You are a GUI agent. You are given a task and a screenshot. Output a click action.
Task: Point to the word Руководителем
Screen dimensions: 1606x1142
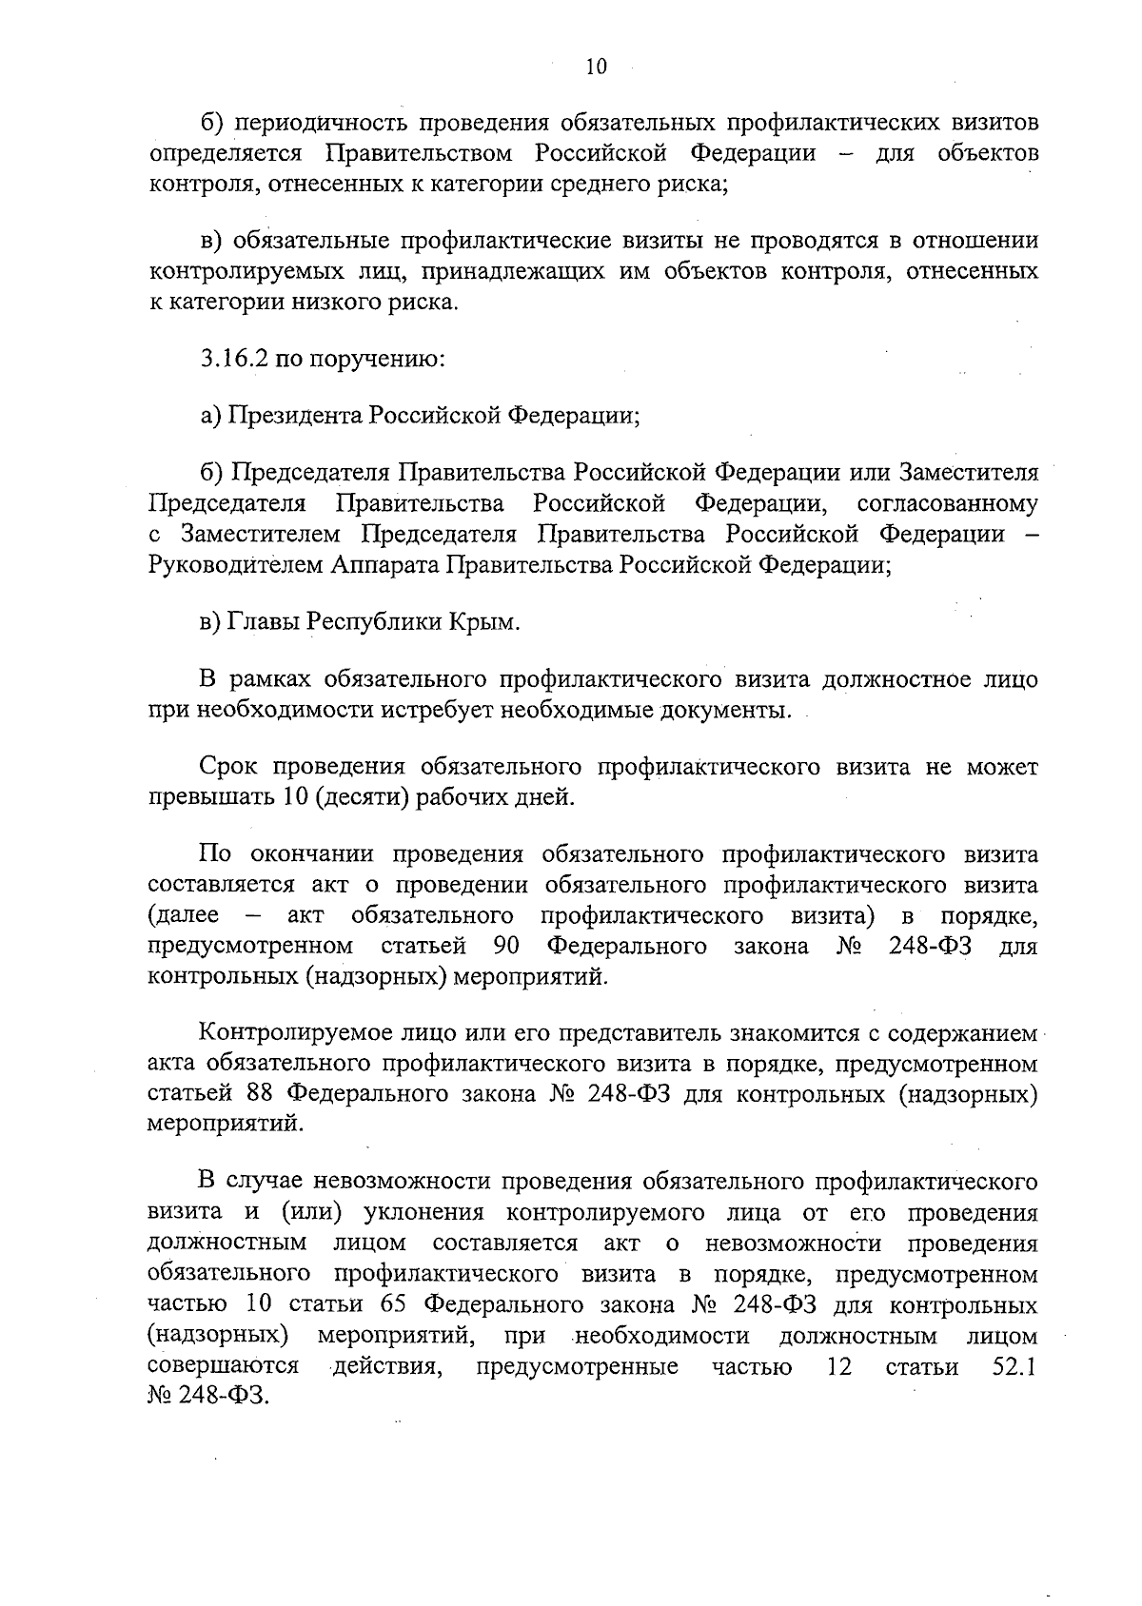[237, 565]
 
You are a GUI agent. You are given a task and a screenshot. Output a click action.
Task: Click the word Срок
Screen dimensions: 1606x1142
[230, 767]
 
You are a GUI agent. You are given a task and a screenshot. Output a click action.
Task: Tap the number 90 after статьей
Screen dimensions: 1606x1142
[506, 946]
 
